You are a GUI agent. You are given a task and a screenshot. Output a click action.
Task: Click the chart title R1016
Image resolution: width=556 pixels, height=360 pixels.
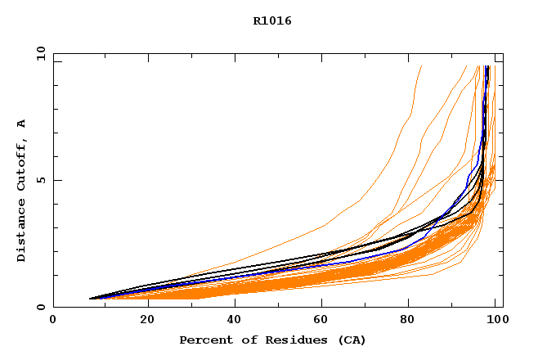click(272, 21)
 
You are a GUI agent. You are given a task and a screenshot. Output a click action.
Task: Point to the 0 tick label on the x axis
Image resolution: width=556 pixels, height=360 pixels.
click(53, 320)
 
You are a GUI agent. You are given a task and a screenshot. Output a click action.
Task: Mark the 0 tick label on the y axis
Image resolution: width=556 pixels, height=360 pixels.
click(40, 307)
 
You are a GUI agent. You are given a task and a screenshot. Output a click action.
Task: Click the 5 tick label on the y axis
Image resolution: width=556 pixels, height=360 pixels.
click(40, 180)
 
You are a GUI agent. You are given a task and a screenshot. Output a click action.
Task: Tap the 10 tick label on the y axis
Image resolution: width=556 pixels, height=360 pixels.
click(40, 53)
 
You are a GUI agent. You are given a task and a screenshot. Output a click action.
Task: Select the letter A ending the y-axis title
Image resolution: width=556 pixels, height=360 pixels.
click(21, 124)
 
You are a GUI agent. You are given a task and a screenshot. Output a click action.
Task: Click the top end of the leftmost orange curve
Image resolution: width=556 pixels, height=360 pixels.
click(421, 66)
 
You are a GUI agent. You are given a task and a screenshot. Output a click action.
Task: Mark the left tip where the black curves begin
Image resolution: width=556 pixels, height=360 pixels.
click(89, 299)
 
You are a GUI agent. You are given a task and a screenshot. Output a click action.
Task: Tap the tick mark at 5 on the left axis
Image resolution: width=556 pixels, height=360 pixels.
click(56, 180)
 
